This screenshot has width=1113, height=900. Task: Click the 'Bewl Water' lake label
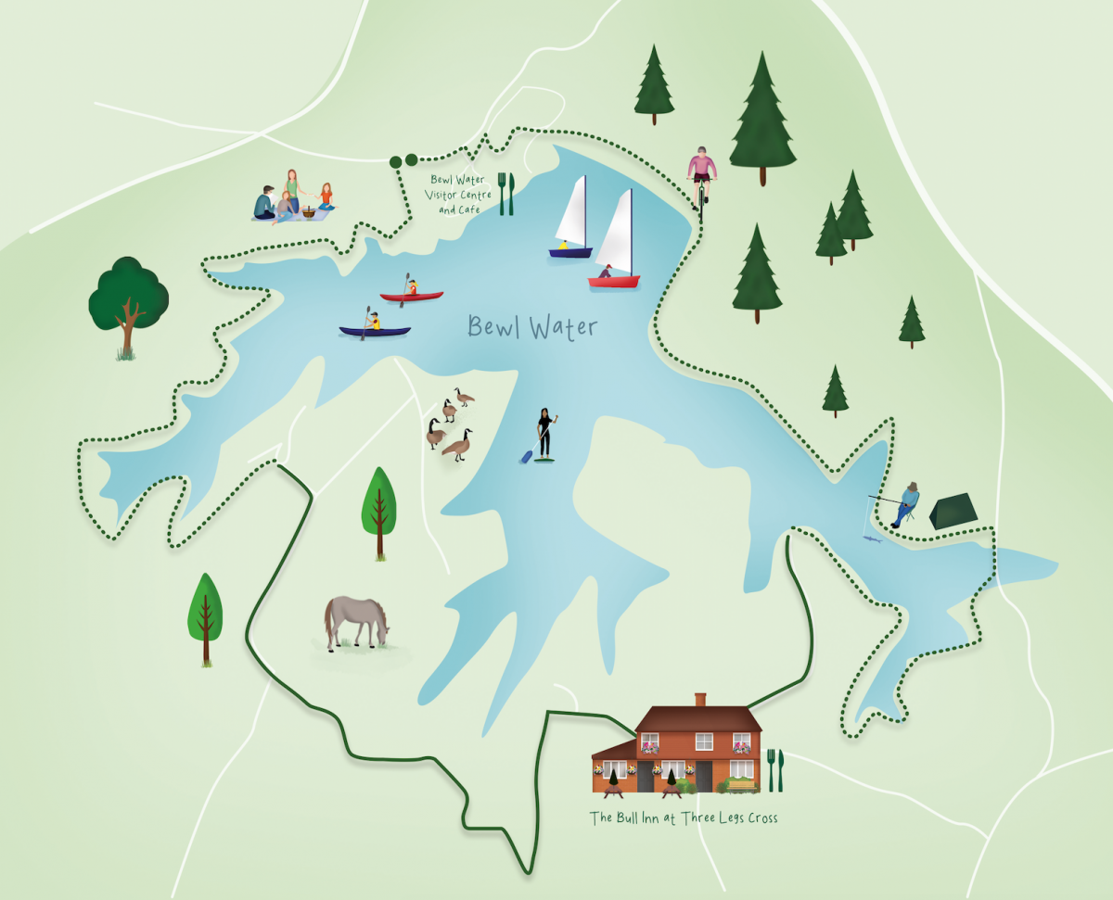[x=532, y=327]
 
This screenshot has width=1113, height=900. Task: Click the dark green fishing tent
[x=953, y=511]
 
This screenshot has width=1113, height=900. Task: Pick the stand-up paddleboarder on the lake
[x=544, y=435]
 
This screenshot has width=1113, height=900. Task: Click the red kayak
[x=411, y=297]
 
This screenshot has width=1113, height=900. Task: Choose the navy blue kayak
[x=375, y=330]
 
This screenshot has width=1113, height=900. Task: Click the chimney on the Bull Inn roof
[x=700, y=699]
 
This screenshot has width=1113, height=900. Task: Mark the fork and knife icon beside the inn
[x=775, y=770]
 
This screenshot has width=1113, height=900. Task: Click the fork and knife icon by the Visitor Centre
[x=505, y=193]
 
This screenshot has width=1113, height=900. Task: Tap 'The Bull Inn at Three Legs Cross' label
[x=684, y=818]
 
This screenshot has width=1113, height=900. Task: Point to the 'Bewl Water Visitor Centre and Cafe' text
[x=460, y=195]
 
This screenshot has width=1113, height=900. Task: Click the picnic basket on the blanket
[x=308, y=212]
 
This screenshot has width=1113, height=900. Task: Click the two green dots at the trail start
[x=403, y=161]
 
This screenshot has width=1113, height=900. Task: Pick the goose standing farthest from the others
[x=463, y=398]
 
